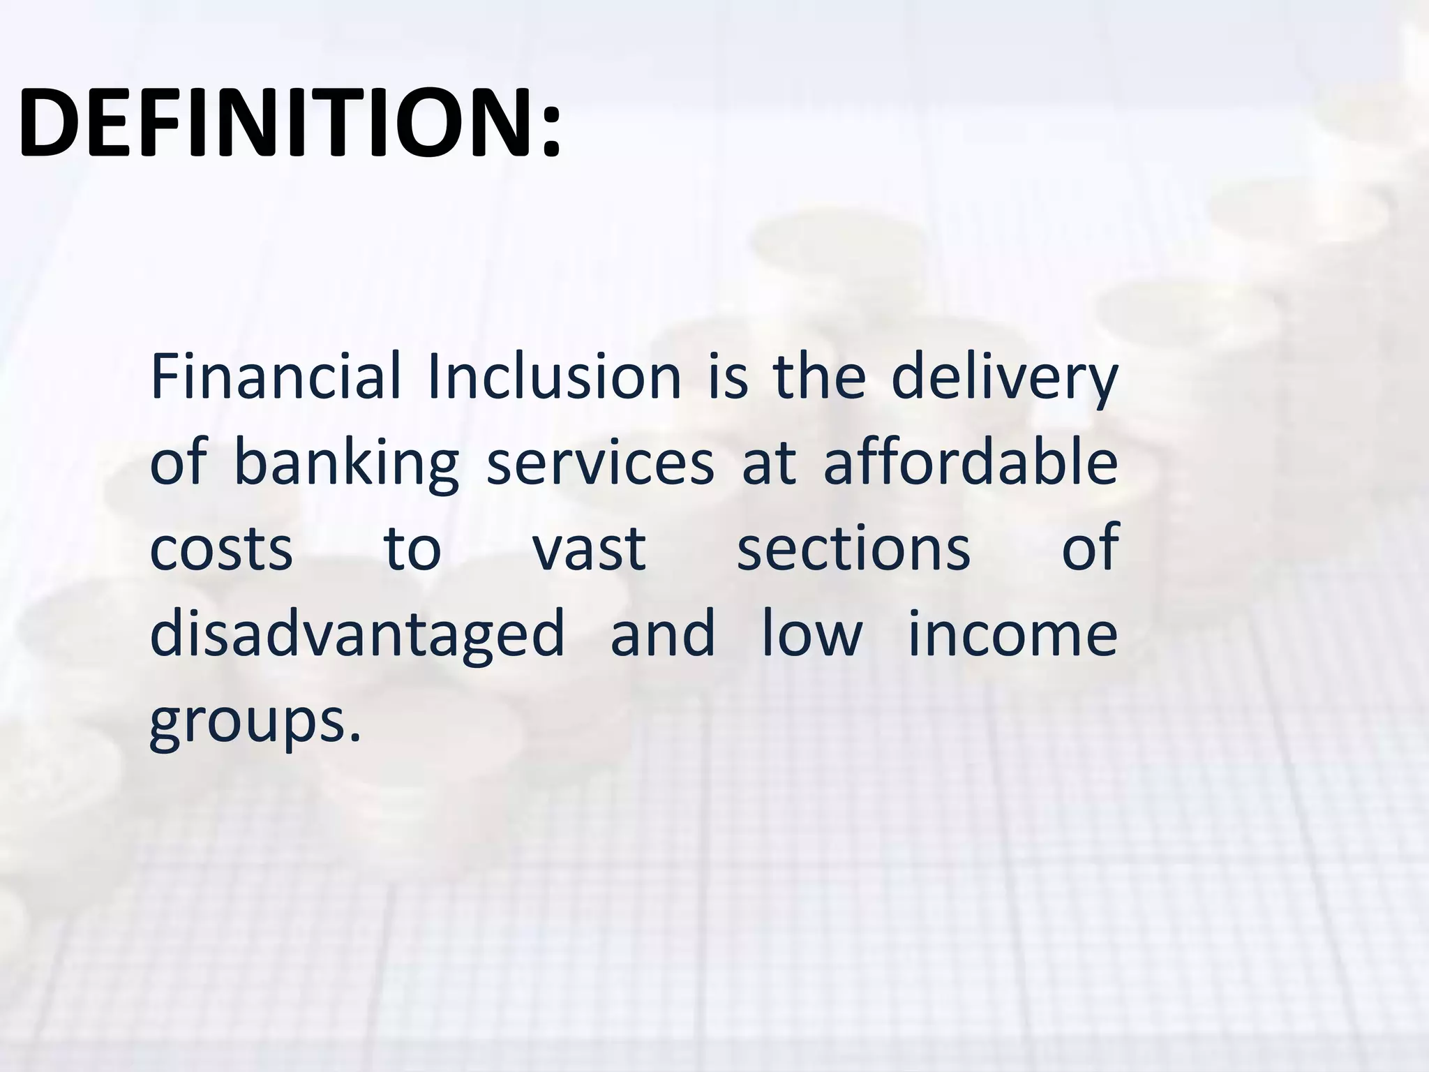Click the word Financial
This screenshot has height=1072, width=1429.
pyautogui.click(x=275, y=378)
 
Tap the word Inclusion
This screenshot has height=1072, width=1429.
pyautogui.click(x=555, y=378)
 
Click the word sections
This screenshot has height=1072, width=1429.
pyautogui.click(x=853, y=548)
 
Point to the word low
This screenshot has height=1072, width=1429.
pyautogui.click(x=811, y=632)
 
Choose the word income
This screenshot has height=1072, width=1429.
pyautogui.click(x=1012, y=634)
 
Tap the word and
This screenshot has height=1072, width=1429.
pyautogui.click(x=663, y=632)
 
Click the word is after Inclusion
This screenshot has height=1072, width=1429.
pyautogui.click(x=728, y=378)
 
